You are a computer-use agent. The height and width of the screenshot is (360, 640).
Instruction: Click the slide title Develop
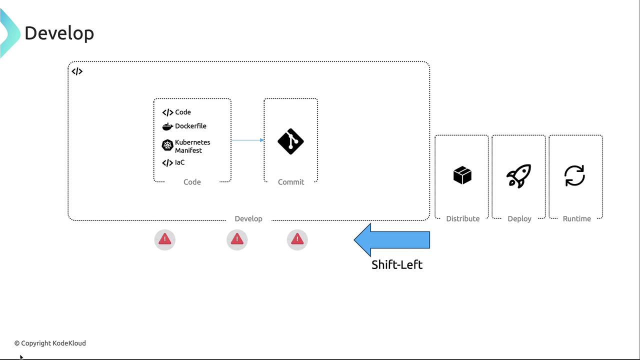pos(59,33)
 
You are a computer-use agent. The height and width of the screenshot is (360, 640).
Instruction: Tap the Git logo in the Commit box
pos(290,141)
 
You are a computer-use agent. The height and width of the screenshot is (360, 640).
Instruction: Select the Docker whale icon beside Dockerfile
pos(167,126)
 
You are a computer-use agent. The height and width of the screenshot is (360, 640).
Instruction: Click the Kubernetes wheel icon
pos(167,145)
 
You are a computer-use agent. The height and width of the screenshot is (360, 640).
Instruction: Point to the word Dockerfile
pos(190,126)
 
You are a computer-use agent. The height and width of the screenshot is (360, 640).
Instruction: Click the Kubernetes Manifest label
pos(192,146)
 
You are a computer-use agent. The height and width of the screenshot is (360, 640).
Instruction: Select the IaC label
pos(179,162)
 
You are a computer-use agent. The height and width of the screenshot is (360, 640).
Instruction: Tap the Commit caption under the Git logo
pos(291,182)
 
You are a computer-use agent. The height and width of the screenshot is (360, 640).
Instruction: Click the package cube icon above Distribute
pos(462,175)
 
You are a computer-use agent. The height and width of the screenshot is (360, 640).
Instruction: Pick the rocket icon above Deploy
pos(518,176)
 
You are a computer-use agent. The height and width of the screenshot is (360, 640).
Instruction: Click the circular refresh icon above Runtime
pos(574,176)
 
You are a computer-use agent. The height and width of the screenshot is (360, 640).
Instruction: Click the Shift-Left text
pos(397,264)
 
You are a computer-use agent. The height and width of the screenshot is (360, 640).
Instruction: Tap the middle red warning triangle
pos(237,240)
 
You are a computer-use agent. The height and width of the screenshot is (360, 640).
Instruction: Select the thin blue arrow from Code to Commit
pos(247,140)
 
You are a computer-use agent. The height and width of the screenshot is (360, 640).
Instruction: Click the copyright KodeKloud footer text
pos(50,343)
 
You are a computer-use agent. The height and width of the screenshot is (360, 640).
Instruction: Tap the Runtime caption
pos(576,218)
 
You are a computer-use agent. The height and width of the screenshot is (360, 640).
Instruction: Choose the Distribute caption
pos(462,218)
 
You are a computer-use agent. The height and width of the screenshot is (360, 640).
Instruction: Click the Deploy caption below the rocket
pos(519,218)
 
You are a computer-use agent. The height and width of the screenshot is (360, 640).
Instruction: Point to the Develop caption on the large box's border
pos(248,218)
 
